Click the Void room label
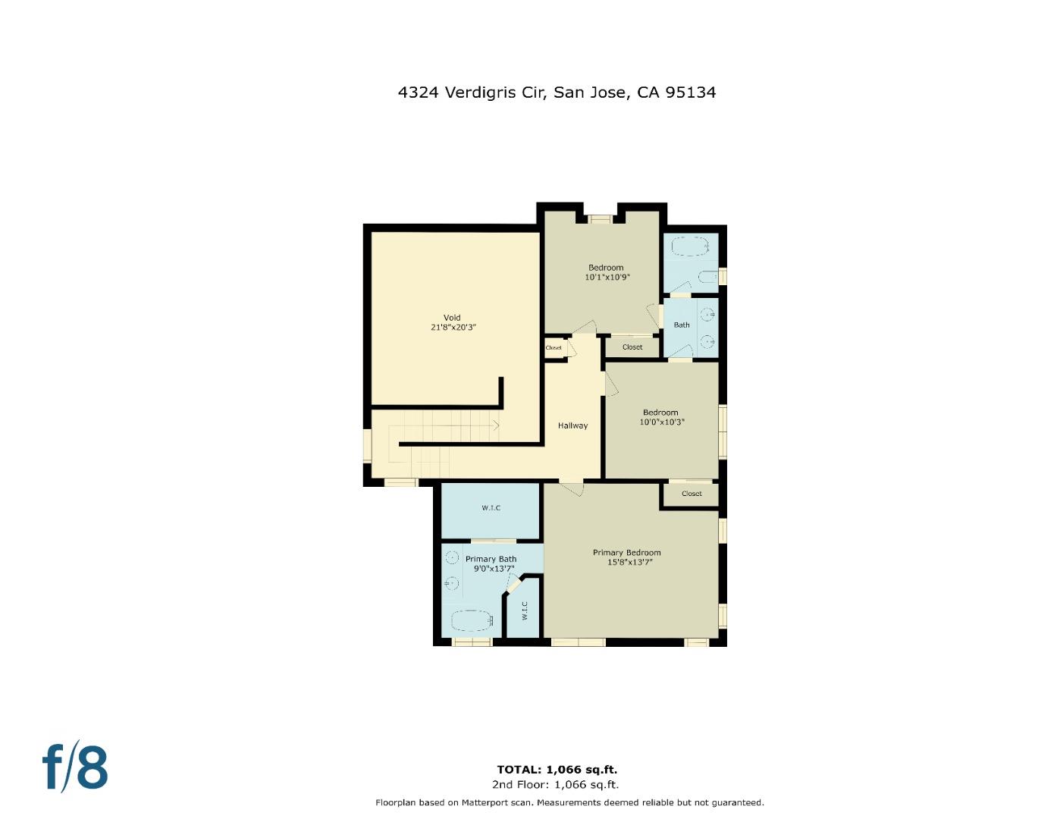pyautogui.click(x=452, y=318)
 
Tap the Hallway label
pyautogui.click(x=572, y=425)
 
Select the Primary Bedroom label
pyautogui.click(x=626, y=553)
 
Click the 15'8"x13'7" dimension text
pyautogui.click(x=629, y=563)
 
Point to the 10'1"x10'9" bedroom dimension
pyautogui.click(x=607, y=278)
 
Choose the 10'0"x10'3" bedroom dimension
pyautogui.click(x=661, y=422)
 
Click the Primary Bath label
pyautogui.click(x=491, y=559)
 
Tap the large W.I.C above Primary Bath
pyautogui.click(x=491, y=508)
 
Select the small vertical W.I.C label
pyautogui.click(x=524, y=610)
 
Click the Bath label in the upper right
pyautogui.click(x=682, y=325)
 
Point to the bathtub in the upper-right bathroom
pyautogui.click(x=690, y=246)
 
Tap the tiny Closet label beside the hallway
pyautogui.click(x=554, y=348)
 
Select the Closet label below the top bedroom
pyautogui.click(x=632, y=347)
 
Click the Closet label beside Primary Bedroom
pyautogui.click(x=692, y=494)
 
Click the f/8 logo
pyautogui.click(x=74, y=767)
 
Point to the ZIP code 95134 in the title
pyautogui.click(x=690, y=93)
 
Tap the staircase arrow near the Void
pyautogui.click(x=495, y=425)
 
